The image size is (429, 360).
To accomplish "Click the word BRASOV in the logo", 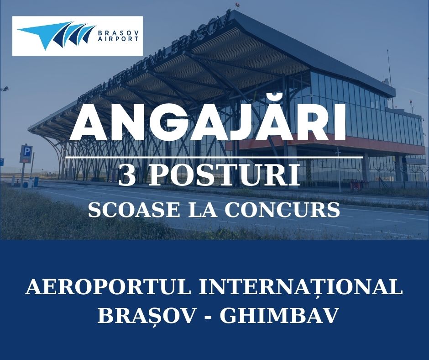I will (116, 32).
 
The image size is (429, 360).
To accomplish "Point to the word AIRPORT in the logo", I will (116, 40).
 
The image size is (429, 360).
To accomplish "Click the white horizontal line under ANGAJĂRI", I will (214, 157).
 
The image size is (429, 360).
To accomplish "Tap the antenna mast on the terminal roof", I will (389, 69).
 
